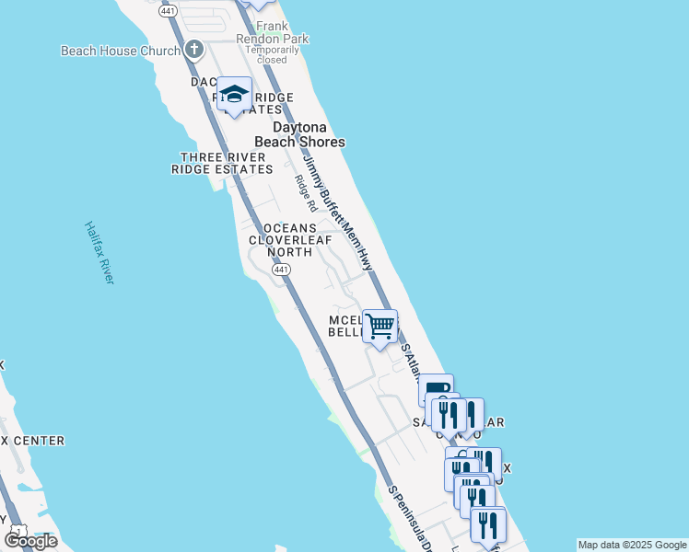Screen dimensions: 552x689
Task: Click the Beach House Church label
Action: [x=120, y=51]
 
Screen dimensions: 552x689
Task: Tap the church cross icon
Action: [x=193, y=49]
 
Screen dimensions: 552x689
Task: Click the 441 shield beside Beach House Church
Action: [x=168, y=10]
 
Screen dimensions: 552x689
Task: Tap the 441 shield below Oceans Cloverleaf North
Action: [x=282, y=269]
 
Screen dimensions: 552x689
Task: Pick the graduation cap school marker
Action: [x=235, y=95]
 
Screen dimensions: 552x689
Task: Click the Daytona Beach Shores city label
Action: [x=308, y=134]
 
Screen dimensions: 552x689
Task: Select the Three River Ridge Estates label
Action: [x=222, y=163]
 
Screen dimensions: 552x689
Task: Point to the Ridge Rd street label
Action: [x=305, y=193]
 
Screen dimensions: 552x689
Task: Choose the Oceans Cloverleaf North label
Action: [x=289, y=239]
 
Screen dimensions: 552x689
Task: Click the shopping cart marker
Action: [x=380, y=326]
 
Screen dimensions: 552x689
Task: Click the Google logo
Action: [x=30, y=541]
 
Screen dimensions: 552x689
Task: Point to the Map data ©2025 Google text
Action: [x=632, y=545]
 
